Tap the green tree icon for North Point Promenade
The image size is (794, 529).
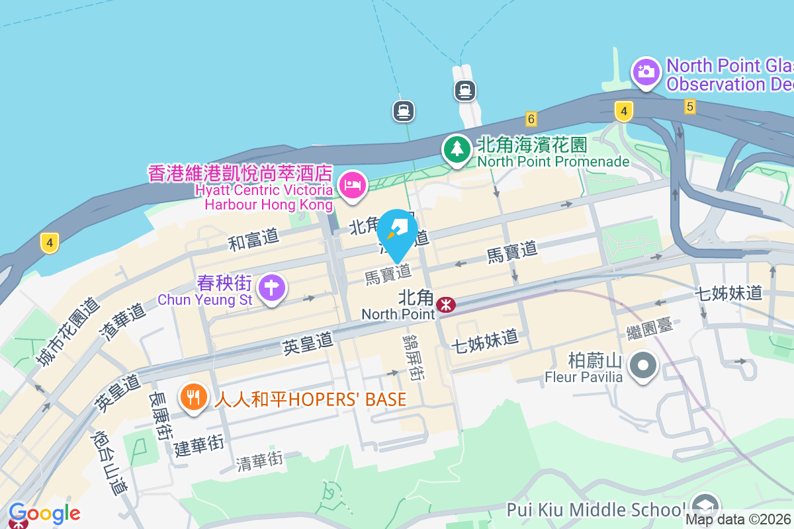(457, 149)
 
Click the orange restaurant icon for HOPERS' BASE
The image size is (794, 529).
(193, 398)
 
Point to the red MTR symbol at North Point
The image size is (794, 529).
(446, 305)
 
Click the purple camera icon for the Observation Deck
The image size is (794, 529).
(646, 71)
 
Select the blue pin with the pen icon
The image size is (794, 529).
(398, 232)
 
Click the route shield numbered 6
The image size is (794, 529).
(530, 119)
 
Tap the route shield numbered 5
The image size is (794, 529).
(689, 106)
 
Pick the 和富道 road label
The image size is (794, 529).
(253, 241)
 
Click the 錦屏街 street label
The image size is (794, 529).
(414, 357)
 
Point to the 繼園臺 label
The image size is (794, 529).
(650, 328)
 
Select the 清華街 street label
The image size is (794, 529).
(259, 461)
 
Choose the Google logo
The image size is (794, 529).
(44, 513)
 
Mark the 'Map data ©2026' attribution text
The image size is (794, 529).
(738, 519)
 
